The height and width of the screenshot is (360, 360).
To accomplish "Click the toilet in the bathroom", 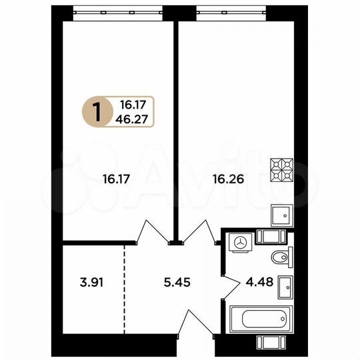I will tap(280, 257).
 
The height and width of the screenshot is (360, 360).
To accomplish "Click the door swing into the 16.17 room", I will tap(152, 233).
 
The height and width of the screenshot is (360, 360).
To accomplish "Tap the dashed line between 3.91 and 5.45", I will tap(125, 288).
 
